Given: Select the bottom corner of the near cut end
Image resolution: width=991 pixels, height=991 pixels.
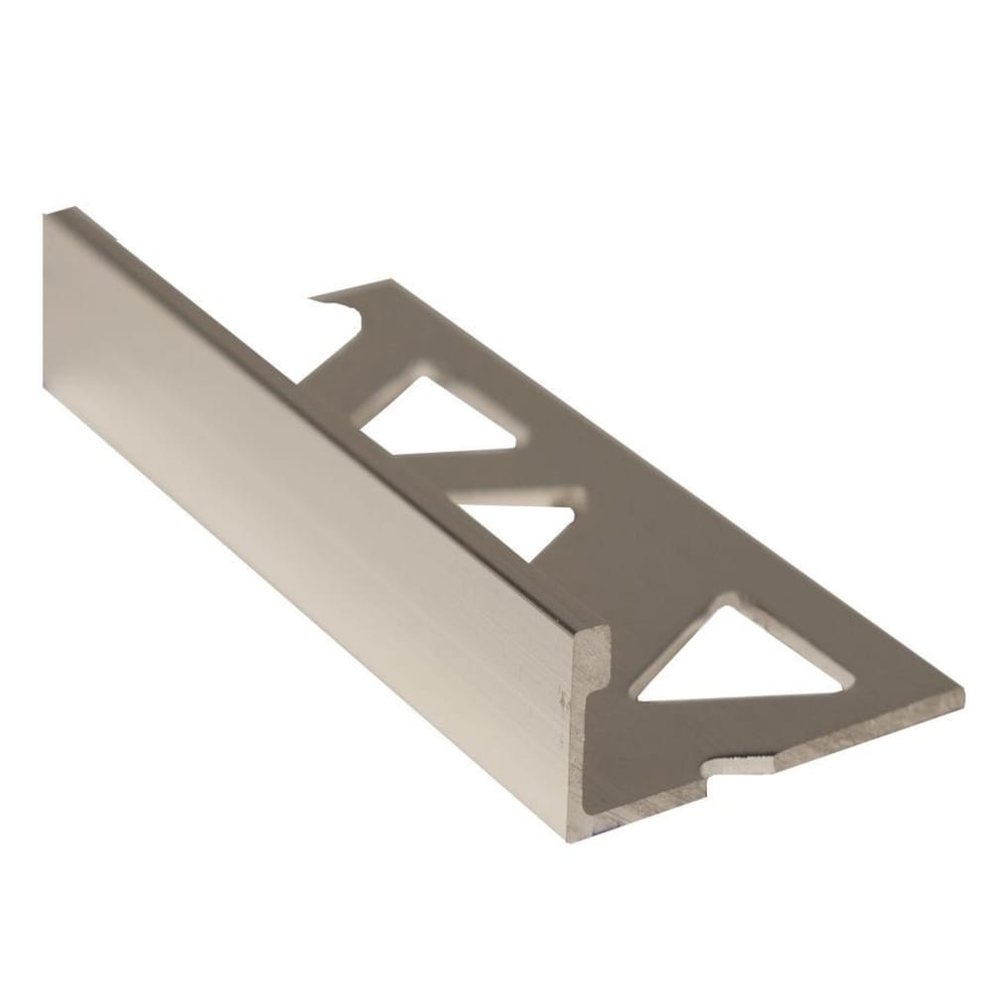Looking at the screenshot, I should point(573,838).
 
